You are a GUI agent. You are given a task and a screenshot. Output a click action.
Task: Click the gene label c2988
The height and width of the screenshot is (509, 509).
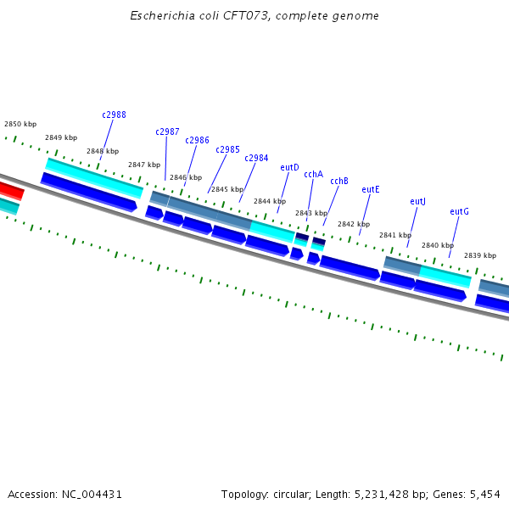(114, 115)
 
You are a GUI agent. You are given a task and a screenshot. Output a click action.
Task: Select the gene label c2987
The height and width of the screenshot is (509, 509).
(167, 131)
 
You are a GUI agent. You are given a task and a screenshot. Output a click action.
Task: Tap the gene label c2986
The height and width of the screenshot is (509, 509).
(197, 140)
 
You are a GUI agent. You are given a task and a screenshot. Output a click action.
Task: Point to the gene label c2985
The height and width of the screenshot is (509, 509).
(227, 149)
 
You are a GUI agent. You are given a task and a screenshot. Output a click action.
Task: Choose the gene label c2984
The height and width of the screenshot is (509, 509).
(256, 158)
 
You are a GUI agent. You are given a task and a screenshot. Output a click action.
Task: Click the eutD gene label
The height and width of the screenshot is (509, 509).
(289, 167)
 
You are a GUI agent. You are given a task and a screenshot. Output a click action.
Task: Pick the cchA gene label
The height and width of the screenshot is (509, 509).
(313, 174)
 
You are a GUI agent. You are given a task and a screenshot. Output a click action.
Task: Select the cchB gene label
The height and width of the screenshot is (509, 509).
(339, 181)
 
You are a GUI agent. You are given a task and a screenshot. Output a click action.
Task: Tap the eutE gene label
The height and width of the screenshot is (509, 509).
(371, 189)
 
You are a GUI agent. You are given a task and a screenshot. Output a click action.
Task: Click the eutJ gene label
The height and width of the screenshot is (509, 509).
(417, 201)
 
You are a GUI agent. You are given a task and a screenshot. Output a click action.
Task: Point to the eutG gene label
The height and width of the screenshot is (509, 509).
(459, 211)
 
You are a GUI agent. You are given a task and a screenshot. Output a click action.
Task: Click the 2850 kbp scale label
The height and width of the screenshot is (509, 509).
(20, 124)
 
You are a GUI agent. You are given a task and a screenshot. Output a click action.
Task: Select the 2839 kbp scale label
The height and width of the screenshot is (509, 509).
(480, 255)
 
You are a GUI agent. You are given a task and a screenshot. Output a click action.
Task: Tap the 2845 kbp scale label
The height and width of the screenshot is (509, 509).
(227, 189)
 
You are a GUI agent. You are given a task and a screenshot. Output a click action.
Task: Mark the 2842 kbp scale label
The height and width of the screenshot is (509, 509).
(354, 224)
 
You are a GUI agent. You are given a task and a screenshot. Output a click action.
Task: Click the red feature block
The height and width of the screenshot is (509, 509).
(10, 190)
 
